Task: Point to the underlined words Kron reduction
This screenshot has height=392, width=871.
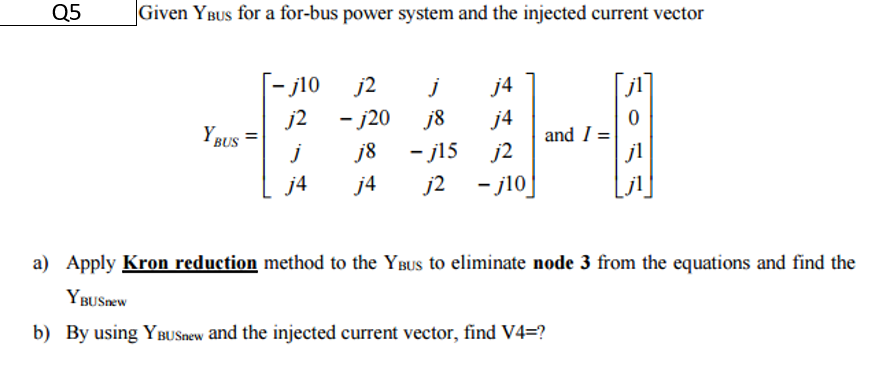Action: [190, 264]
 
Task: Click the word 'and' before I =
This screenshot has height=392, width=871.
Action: [560, 134]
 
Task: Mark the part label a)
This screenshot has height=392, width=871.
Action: [41, 264]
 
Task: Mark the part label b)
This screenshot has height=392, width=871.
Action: [41, 333]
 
